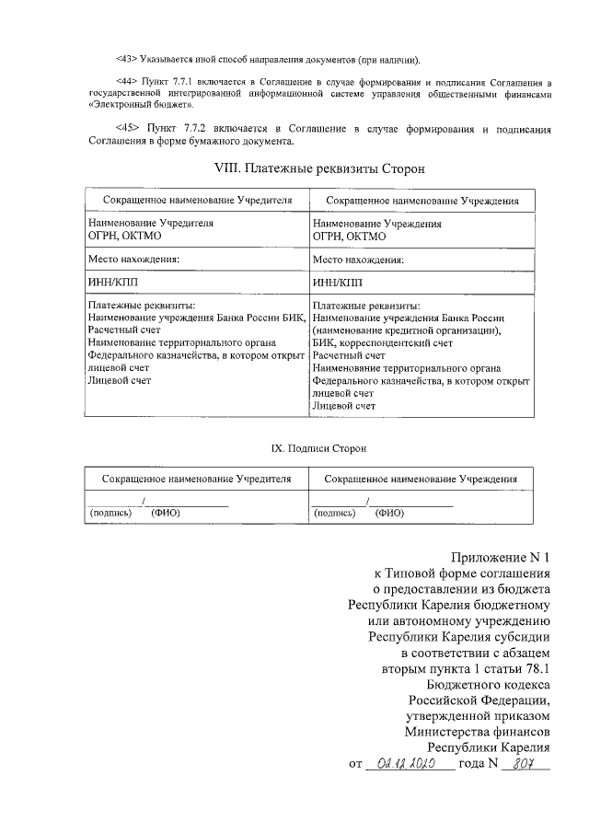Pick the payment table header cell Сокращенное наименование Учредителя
click(x=197, y=200)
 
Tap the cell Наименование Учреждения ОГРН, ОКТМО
click(x=377, y=229)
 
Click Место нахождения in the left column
click(x=134, y=260)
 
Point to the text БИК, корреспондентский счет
click(x=383, y=341)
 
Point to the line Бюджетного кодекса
click(x=489, y=684)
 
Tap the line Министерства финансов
click(x=477, y=732)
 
